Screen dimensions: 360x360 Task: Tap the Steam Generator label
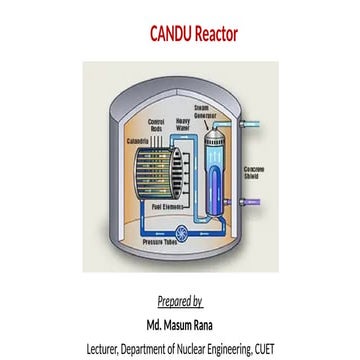click(203, 113)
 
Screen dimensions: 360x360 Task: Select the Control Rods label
click(156, 126)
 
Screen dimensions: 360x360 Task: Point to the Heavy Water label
click(182, 126)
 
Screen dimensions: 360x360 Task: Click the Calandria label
click(138, 141)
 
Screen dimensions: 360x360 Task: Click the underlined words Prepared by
click(180, 301)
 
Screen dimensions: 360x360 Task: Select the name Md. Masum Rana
click(180, 324)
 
